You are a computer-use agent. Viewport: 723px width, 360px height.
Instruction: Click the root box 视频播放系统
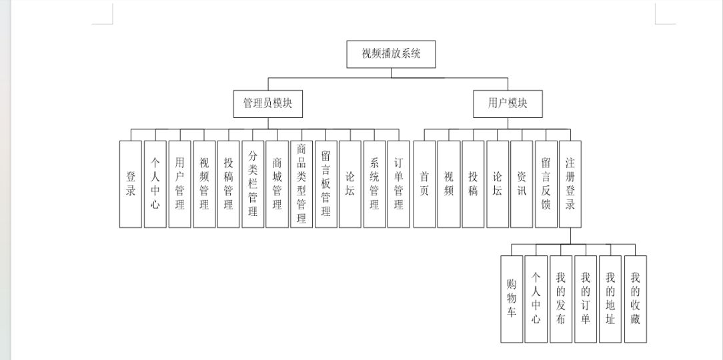391,54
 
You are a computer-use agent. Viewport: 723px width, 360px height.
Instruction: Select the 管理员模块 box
268,104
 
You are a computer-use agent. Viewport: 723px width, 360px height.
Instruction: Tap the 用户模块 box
508,104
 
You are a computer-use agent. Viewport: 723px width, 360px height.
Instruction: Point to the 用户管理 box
180,184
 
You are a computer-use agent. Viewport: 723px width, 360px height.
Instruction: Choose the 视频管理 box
204,184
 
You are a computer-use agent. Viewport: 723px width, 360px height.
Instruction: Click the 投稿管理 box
228,184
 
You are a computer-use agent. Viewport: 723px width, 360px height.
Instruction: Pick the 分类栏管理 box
253,184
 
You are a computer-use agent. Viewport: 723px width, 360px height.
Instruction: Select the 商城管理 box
277,184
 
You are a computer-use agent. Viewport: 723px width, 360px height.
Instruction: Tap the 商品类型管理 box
301,184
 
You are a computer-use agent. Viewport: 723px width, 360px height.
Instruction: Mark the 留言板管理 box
326,184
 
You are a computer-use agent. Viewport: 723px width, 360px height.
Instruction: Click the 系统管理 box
374,184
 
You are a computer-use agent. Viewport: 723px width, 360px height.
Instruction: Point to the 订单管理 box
399,184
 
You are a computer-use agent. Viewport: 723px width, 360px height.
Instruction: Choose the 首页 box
425,184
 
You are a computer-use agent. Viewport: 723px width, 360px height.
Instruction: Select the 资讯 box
522,184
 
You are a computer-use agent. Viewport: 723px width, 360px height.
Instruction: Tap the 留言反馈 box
546,184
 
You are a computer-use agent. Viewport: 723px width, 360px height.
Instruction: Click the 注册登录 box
570,184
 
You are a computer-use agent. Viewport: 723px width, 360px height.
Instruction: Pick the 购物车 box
512,299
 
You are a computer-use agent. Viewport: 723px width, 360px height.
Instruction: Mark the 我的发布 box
561,299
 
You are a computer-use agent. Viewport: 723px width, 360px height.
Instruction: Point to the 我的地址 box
610,299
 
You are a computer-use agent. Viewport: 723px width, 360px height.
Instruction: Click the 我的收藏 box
636,299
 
